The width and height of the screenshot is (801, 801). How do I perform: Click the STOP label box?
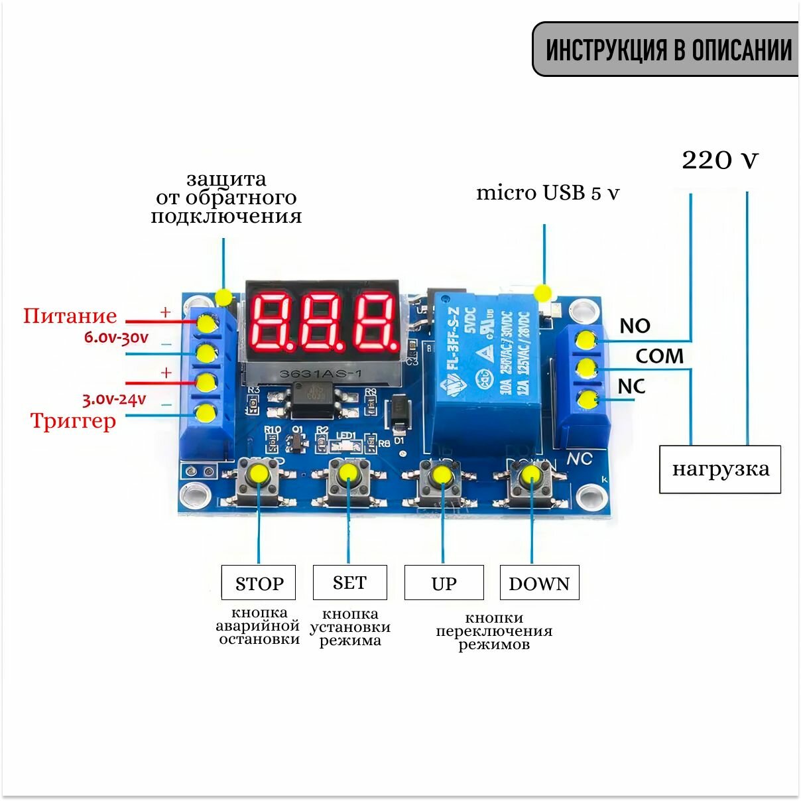259,583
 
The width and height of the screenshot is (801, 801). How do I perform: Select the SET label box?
349,582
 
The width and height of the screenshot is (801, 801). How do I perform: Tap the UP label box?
444,583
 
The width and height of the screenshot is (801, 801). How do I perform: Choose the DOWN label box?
539,583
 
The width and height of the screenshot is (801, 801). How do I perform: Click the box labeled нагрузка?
720,469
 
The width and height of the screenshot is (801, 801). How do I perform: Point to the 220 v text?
720,160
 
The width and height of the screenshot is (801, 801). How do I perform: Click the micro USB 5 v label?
548,193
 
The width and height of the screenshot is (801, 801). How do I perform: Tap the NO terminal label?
635,326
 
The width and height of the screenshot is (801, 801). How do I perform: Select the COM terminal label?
659,356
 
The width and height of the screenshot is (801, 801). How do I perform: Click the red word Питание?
70,316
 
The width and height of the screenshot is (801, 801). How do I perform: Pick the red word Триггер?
73,420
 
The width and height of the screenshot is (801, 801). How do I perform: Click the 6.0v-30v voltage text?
116,337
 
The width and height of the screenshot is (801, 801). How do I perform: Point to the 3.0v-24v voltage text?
114,399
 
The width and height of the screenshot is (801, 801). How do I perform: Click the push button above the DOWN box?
531,476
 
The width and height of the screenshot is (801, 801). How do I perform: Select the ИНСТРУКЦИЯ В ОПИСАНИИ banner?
667,50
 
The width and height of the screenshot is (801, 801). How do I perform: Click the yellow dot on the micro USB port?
544,292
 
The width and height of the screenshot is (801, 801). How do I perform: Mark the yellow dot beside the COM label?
586,368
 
